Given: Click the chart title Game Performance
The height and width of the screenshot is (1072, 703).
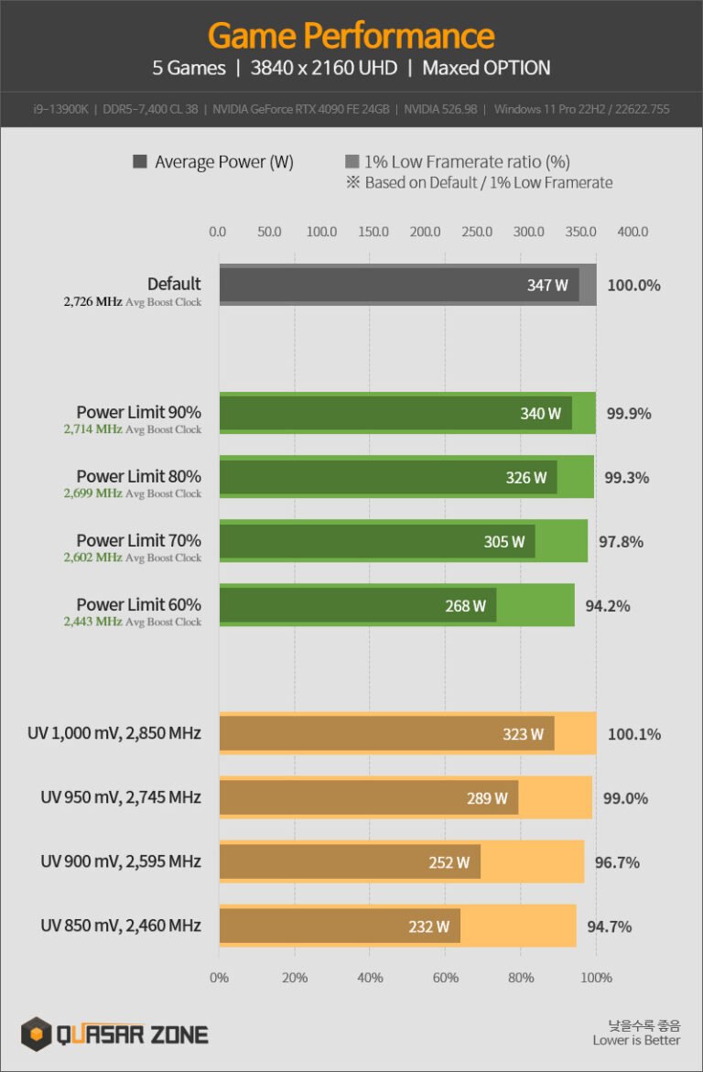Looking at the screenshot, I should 351,36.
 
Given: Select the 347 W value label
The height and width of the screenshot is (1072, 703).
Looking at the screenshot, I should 547,285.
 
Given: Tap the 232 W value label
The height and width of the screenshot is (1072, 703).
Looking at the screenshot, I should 428,926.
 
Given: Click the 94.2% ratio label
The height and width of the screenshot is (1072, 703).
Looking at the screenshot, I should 608,606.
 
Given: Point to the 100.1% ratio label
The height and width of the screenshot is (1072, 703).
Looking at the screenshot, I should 633,734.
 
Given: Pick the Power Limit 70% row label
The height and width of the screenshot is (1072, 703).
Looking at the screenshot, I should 138,540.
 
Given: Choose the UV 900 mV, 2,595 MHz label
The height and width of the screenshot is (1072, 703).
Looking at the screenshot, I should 121,861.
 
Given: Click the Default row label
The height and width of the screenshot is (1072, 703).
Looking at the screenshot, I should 174,284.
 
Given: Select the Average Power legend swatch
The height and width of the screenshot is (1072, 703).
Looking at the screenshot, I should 140,162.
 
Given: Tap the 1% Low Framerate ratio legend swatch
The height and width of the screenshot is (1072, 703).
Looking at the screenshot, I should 352,162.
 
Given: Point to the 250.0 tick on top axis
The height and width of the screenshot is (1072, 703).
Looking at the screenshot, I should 477,232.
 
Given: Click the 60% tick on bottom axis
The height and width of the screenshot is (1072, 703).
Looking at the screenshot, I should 446,978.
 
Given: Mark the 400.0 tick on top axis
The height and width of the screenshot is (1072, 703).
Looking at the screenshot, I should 633,232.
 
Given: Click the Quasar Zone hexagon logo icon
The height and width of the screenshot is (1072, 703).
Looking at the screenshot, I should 36,1034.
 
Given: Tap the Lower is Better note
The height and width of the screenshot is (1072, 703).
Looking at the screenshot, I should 636,1040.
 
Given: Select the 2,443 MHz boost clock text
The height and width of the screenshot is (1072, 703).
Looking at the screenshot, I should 92,622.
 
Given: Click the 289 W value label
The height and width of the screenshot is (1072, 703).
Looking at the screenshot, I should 487,798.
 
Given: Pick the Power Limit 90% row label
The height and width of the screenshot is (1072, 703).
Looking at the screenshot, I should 138,412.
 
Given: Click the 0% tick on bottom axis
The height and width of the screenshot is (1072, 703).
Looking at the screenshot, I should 220,978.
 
